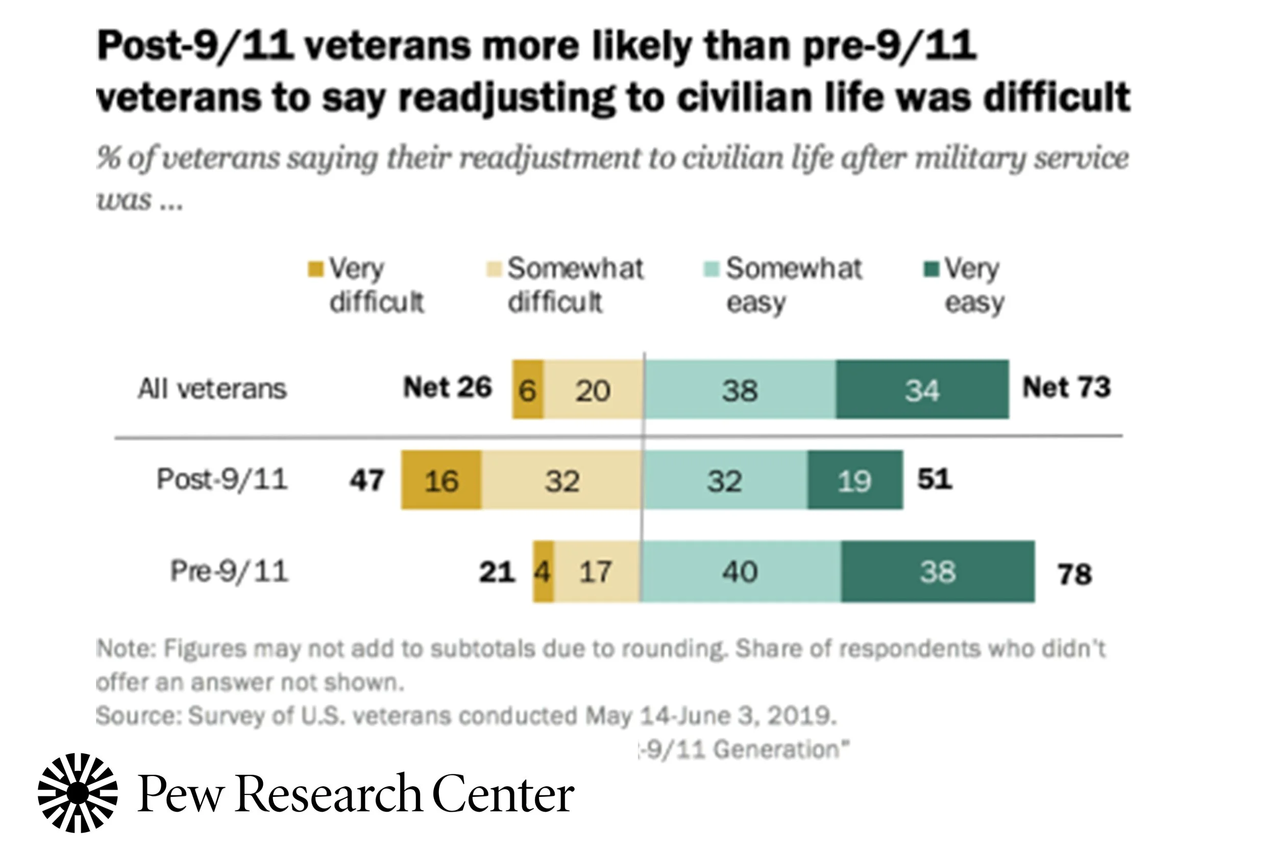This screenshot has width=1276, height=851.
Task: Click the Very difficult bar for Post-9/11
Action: tap(440, 480)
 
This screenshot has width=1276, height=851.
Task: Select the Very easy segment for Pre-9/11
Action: tap(938, 571)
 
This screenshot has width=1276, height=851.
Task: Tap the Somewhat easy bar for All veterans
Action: tap(740, 389)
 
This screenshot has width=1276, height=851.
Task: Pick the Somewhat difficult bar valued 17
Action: tap(596, 571)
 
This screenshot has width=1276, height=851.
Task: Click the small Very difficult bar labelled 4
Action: tap(543, 571)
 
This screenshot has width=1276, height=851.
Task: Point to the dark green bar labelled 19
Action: tap(854, 480)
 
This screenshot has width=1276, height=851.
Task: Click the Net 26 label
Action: tap(447, 387)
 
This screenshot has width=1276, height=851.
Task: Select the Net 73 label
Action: tap(1066, 387)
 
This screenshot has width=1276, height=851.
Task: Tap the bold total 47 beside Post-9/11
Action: tap(367, 480)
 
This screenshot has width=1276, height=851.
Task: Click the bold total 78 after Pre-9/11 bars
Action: tap(1074, 574)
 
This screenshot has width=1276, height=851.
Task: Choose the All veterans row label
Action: tap(212, 389)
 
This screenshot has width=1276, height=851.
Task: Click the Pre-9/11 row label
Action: tap(229, 571)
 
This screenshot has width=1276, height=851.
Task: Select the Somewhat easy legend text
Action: tap(793, 285)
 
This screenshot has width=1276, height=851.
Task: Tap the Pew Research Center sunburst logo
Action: tap(78, 793)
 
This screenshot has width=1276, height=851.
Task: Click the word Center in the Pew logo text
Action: tap(503, 794)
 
